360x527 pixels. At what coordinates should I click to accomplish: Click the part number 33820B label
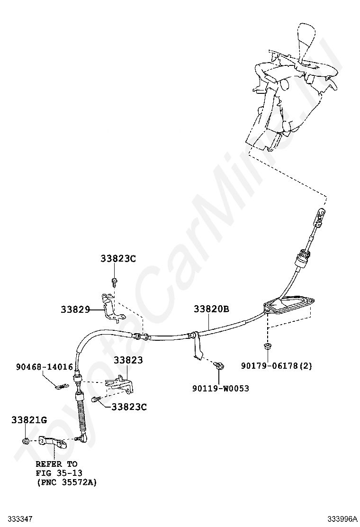[211, 309]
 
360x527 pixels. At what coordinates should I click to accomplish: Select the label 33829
[75, 309]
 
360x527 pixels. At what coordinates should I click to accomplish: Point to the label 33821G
[29, 420]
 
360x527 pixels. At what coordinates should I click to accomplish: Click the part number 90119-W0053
[220, 389]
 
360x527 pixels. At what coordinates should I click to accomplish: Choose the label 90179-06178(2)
[277, 366]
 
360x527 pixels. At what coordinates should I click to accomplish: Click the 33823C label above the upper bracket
[118, 259]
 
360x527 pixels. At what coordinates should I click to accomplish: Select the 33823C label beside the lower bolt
[129, 407]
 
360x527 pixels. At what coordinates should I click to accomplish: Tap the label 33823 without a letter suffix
[128, 360]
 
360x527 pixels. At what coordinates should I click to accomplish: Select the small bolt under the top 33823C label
[114, 282]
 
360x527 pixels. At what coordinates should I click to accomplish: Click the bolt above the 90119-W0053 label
[219, 365]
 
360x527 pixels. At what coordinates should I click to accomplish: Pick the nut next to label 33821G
[25, 442]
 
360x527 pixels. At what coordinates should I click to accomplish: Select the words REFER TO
[56, 463]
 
